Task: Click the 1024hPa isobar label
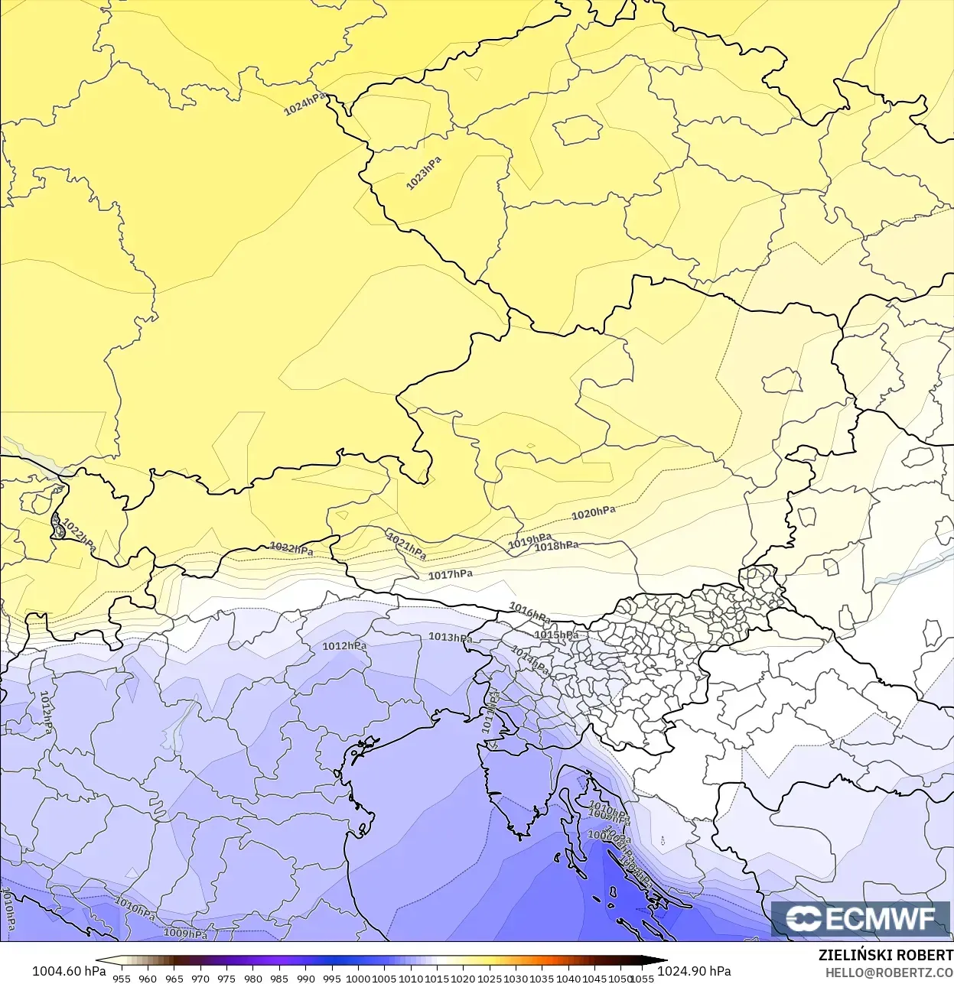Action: (x=304, y=105)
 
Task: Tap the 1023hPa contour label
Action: (x=424, y=174)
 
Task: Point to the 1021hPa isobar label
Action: (x=406, y=546)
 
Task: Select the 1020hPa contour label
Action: (x=594, y=513)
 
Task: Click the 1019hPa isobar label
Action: (x=529, y=541)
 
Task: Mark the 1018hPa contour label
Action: (x=556, y=546)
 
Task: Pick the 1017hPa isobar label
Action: (x=451, y=575)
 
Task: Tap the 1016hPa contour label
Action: (x=529, y=612)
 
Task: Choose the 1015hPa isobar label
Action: (x=556, y=635)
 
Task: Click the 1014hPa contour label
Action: (x=530, y=661)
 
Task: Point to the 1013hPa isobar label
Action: (x=450, y=637)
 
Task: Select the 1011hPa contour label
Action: (x=490, y=711)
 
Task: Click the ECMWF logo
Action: (x=861, y=919)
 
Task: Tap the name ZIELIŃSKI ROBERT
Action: (x=885, y=955)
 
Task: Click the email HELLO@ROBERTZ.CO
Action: (x=889, y=973)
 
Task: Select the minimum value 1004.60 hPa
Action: (x=69, y=971)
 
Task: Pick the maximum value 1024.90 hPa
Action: (x=694, y=971)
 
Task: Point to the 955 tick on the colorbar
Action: (x=122, y=978)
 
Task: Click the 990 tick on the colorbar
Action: (x=306, y=978)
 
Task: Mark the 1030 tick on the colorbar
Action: (x=516, y=978)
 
